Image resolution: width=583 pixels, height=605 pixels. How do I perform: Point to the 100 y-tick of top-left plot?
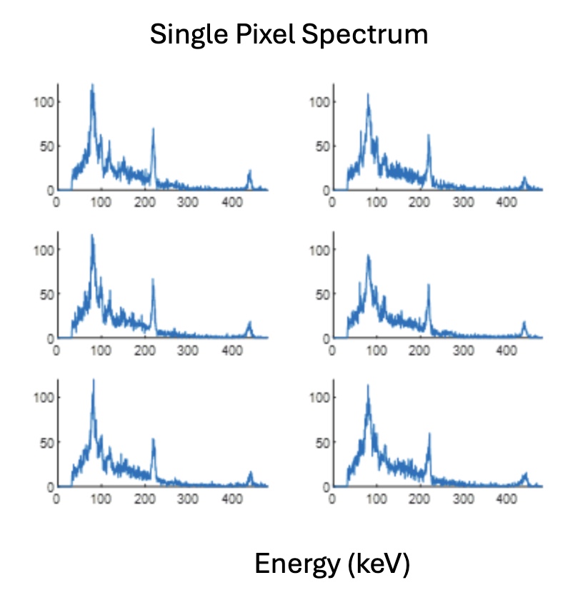tap(44, 101)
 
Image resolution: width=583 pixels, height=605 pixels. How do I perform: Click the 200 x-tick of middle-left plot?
tap(145, 350)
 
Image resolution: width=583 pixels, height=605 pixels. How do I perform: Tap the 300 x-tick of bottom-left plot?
tap(189, 499)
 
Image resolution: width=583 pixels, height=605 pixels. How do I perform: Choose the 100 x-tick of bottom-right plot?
tap(376, 499)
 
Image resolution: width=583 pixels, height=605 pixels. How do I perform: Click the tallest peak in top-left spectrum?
tap(91, 86)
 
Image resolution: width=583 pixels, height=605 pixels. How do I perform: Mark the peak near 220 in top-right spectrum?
tap(429, 136)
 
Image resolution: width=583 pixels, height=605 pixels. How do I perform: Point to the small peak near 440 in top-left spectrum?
tap(249, 171)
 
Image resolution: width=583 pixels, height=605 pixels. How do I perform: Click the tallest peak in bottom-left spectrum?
tap(93, 380)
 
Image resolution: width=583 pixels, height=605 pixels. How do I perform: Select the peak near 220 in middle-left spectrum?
tap(153, 280)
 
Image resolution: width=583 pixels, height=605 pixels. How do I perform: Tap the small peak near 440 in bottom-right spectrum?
tap(526, 474)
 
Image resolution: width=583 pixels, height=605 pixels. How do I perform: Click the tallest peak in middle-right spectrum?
tap(368, 256)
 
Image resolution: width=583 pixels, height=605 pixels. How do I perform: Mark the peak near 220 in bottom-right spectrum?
tap(429, 434)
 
